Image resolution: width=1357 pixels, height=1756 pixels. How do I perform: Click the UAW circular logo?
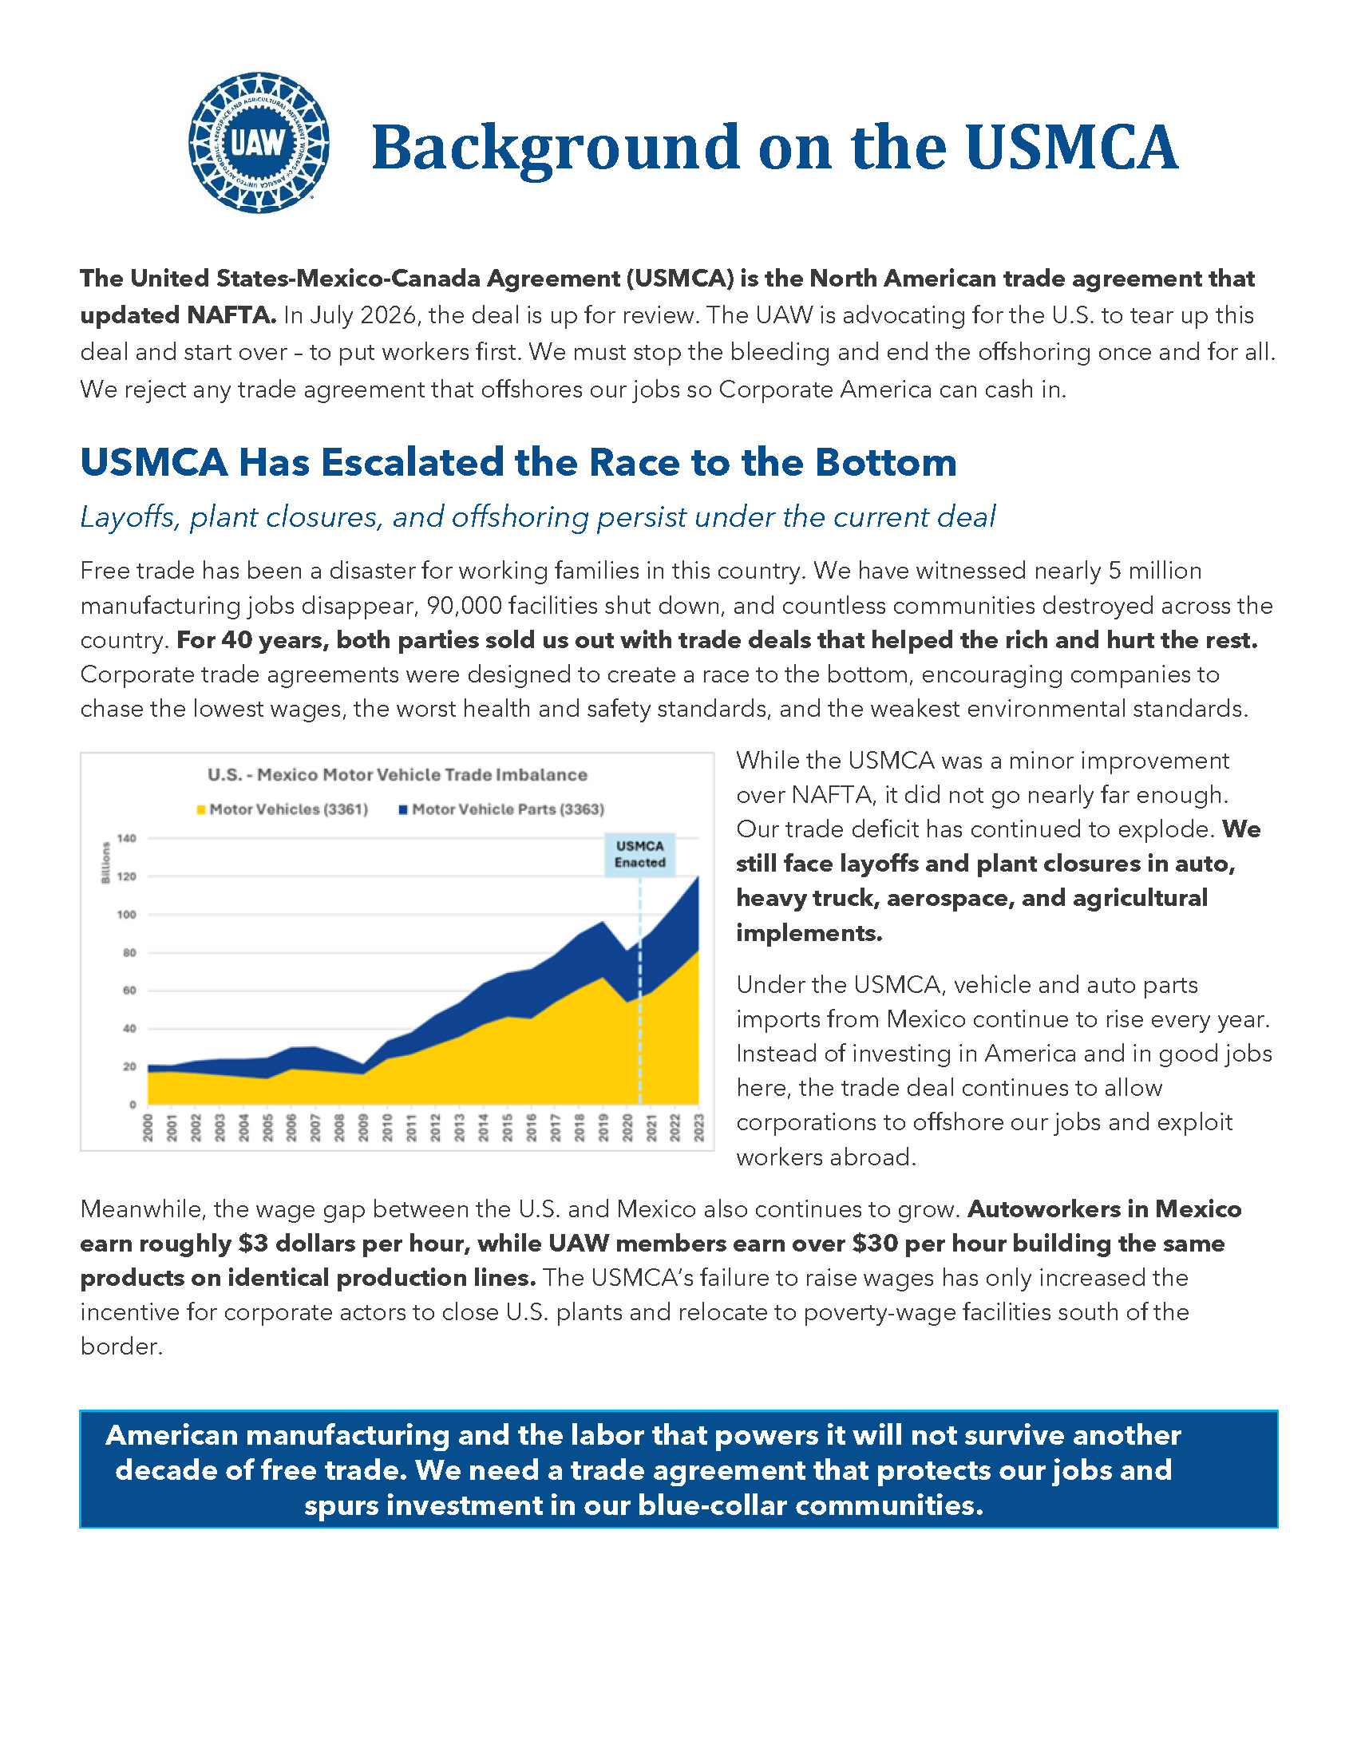click(258, 143)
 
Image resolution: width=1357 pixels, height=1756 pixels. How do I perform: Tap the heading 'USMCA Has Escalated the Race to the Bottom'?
click(518, 463)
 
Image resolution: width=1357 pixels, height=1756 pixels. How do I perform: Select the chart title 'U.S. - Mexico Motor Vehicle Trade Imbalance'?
click(398, 775)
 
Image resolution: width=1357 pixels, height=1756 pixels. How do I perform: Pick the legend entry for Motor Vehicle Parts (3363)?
click(500, 809)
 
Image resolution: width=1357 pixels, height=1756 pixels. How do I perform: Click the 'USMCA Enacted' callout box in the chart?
click(640, 855)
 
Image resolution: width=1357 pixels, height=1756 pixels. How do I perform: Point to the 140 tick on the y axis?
click(126, 839)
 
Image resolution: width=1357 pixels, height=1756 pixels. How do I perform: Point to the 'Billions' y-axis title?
click(105, 863)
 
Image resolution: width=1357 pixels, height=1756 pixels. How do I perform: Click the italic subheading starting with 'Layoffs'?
click(537, 517)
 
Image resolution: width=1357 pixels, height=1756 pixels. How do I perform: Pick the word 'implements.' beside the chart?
click(809, 932)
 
